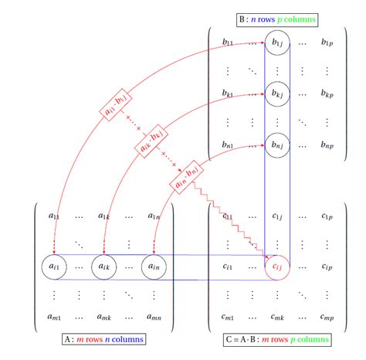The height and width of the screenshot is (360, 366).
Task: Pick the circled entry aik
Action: (106, 267)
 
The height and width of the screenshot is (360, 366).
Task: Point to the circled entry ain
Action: (155, 267)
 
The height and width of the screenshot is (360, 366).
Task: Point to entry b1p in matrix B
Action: (327, 42)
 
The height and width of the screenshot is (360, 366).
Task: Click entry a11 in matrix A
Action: (56, 217)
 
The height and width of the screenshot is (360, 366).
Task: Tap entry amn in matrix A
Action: (155, 317)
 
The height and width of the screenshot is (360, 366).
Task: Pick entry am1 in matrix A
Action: (56, 317)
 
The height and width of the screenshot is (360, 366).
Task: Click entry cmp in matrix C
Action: (327, 317)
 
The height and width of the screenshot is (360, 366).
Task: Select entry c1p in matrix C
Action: (327, 217)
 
